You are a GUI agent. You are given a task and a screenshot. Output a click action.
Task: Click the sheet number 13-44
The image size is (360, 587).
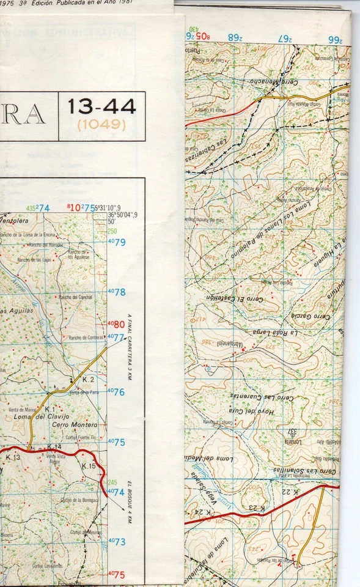(x=102, y=108)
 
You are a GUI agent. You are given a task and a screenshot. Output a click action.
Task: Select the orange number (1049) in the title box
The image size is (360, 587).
(x=101, y=125)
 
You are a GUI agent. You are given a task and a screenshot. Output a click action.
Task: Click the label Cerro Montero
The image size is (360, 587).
(x=75, y=425)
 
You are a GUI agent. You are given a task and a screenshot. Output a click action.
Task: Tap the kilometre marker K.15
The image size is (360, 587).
(x=89, y=467)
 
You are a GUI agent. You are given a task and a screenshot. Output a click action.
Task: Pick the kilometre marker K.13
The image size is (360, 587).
(x=13, y=457)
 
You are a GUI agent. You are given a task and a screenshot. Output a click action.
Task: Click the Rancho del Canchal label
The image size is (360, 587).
(x=75, y=297)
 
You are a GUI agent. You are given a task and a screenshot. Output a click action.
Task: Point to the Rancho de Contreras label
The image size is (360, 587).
(x=86, y=338)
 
